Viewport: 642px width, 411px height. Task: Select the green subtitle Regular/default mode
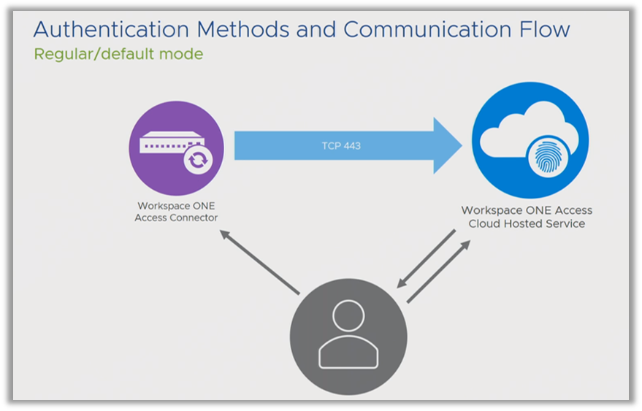(118, 54)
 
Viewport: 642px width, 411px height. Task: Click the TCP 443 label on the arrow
(341, 146)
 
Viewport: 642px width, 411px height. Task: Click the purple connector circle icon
(176, 148)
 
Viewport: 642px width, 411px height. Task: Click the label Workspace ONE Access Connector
(176, 212)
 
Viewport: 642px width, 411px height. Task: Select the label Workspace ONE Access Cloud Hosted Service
(527, 217)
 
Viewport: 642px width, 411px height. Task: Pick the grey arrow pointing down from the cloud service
(426, 258)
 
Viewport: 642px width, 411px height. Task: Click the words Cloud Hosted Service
(527, 224)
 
